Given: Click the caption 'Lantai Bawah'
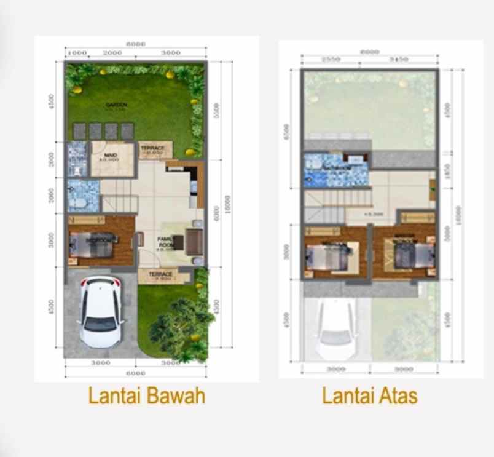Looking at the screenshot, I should (x=146, y=395).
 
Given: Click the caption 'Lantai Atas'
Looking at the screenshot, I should (x=369, y=395).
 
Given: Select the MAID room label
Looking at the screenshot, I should (x=111, y=156).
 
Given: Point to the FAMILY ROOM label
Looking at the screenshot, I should (x=165, y=241).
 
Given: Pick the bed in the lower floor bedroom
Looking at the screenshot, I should (x=92, y=245).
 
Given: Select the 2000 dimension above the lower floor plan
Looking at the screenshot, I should (x=112, y=54).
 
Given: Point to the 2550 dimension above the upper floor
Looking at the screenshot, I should (x=331, y=60).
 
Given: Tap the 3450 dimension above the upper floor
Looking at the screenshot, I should (x=399, y=60).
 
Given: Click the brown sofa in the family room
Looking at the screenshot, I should (x=194, y=241).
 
